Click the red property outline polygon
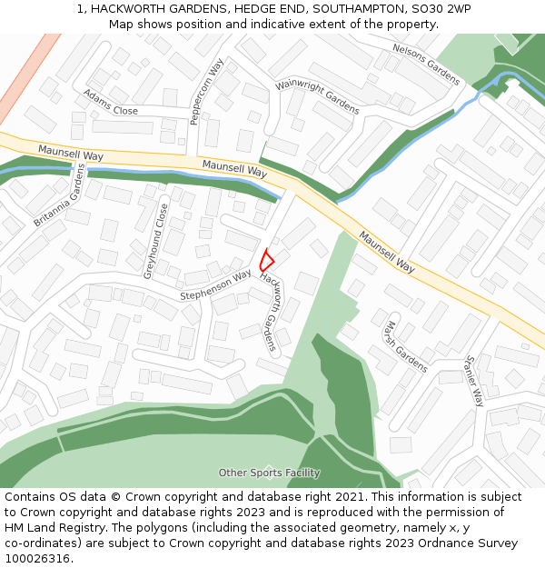pos(266,260)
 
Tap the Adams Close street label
pos(111,103)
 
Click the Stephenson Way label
pos(215,284)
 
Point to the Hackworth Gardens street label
pos(269,311)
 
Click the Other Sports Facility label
pos(269,473)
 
